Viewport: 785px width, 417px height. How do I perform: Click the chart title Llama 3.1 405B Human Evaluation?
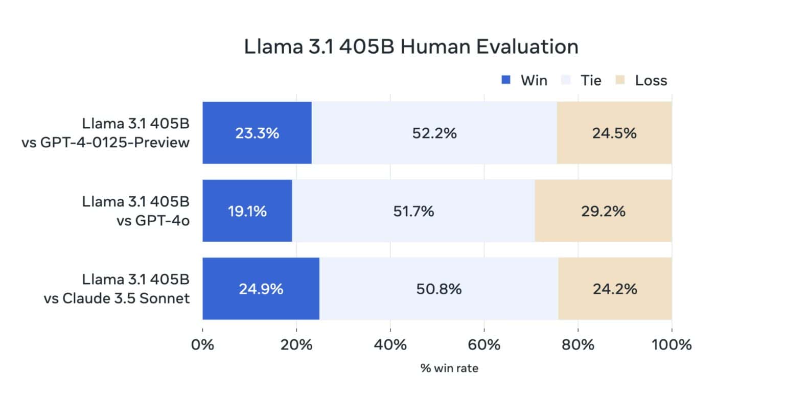(x=411, y=47)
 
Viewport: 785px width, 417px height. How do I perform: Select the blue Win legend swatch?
(x=506, y=80)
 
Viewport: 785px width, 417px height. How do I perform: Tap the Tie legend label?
(x=591, y=80)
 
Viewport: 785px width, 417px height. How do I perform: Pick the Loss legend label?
(x=651, y=80)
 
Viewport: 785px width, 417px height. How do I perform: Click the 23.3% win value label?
(x=257, y=133)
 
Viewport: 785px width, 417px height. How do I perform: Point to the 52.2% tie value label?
(x=434, y=133)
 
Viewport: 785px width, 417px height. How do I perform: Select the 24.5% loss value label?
(x=614, y=133)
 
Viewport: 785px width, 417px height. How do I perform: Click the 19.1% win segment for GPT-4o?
(x=247, y=211)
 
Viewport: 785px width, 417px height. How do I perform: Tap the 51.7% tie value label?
(x=413, y=211)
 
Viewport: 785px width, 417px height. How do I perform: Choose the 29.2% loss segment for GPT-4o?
(x=603, y=211)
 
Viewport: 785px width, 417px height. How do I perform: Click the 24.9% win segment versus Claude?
(x=261, y=289)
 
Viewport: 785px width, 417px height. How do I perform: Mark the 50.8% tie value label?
(x=438, y=289)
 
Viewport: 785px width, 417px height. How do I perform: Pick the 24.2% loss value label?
(x=615, y=289)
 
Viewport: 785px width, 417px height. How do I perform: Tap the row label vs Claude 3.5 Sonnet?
(x=117, y=298)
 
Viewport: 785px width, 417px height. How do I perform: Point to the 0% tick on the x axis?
(x=202, y=344)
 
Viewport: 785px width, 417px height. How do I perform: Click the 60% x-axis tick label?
(x=484, y=344)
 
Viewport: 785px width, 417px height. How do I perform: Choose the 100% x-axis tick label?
(x=671, y=344)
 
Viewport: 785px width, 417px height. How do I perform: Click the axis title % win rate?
(x=449, y=368)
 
